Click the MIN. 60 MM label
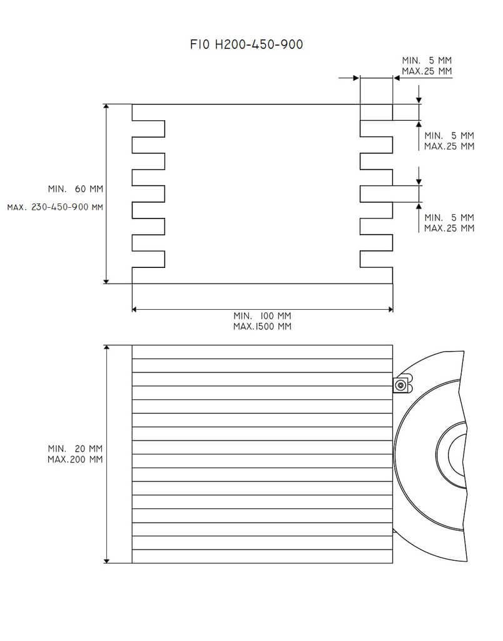click(75, 188)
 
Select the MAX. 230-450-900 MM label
click(55, 207)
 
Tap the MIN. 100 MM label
click(262, 315)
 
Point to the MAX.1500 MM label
click(262, 326)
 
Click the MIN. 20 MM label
click(75, 448)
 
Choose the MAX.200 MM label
click(75, 459)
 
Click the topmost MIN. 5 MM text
click(427, 60)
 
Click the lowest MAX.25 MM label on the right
click(449, 228)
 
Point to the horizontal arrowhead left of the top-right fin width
click(355, 78)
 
